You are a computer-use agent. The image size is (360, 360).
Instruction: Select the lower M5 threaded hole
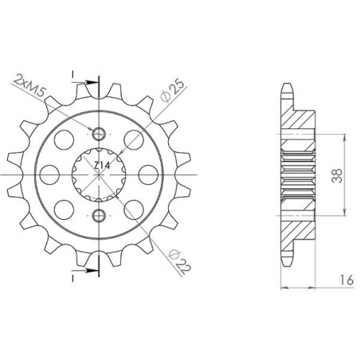coord(99,216)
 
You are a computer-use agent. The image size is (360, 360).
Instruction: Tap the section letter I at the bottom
coord(74,280)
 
